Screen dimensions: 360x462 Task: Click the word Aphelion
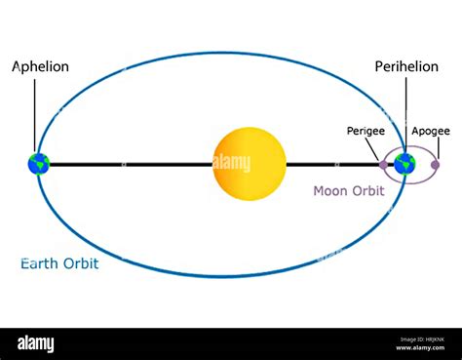click(40, 66)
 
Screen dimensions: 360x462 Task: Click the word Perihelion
click(405, 66)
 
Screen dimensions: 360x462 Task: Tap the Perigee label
click(365, 130)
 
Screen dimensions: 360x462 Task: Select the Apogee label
click(431, 130)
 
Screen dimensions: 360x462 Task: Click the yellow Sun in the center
click(250, 164)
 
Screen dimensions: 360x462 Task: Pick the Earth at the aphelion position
click(39, 164)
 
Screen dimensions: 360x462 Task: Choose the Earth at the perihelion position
click(405, 164)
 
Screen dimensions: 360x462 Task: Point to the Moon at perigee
click(383, 164)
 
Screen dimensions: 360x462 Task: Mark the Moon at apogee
click(435, 164)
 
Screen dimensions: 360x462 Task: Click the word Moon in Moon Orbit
click(329, 191)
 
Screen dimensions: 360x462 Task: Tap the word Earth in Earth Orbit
click(41, 263)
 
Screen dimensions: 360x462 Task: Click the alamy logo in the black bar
click(36, 343)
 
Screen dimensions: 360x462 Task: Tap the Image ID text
click(419, 339)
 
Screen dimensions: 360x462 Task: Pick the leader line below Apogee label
click(436, 148)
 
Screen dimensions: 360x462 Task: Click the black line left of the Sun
click(127, 164)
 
